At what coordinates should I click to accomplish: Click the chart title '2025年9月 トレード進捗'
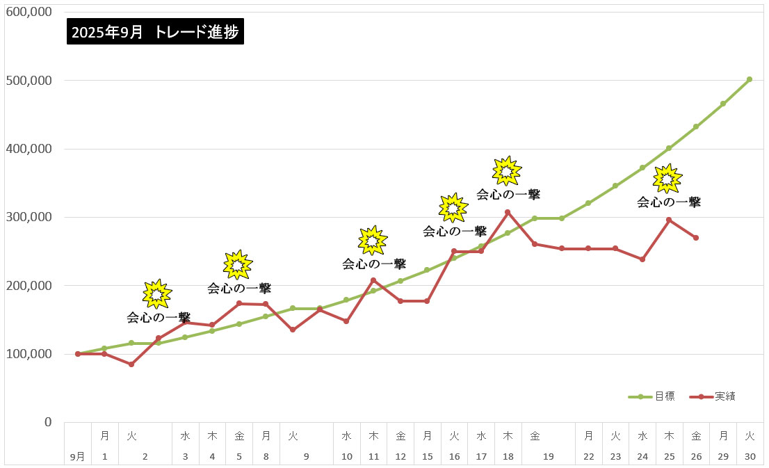tap(156, 32)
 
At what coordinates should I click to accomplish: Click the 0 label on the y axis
tap(47, 422)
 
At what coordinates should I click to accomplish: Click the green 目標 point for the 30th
tap(750, 79)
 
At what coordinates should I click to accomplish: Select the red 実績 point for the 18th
tap(508, 212)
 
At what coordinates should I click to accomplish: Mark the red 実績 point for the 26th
tap(696, 238)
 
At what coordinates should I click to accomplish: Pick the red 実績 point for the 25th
tap(669, 220)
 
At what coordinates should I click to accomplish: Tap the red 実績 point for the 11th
tap(373, 280)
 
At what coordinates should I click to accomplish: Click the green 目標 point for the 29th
tap(723, 104)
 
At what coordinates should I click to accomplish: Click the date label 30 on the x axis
tap(750, 456)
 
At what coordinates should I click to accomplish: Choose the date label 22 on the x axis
tap(589, 456)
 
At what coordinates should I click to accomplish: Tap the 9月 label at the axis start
tap(77, 456)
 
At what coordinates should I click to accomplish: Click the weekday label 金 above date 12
tap(400, 436)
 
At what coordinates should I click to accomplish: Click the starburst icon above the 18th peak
tap(507, 171)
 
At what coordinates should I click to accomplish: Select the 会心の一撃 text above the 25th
tap(669, 202)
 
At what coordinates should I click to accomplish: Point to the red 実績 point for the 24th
tap(642, 259)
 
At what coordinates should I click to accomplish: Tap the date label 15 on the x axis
tap(427, 456)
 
